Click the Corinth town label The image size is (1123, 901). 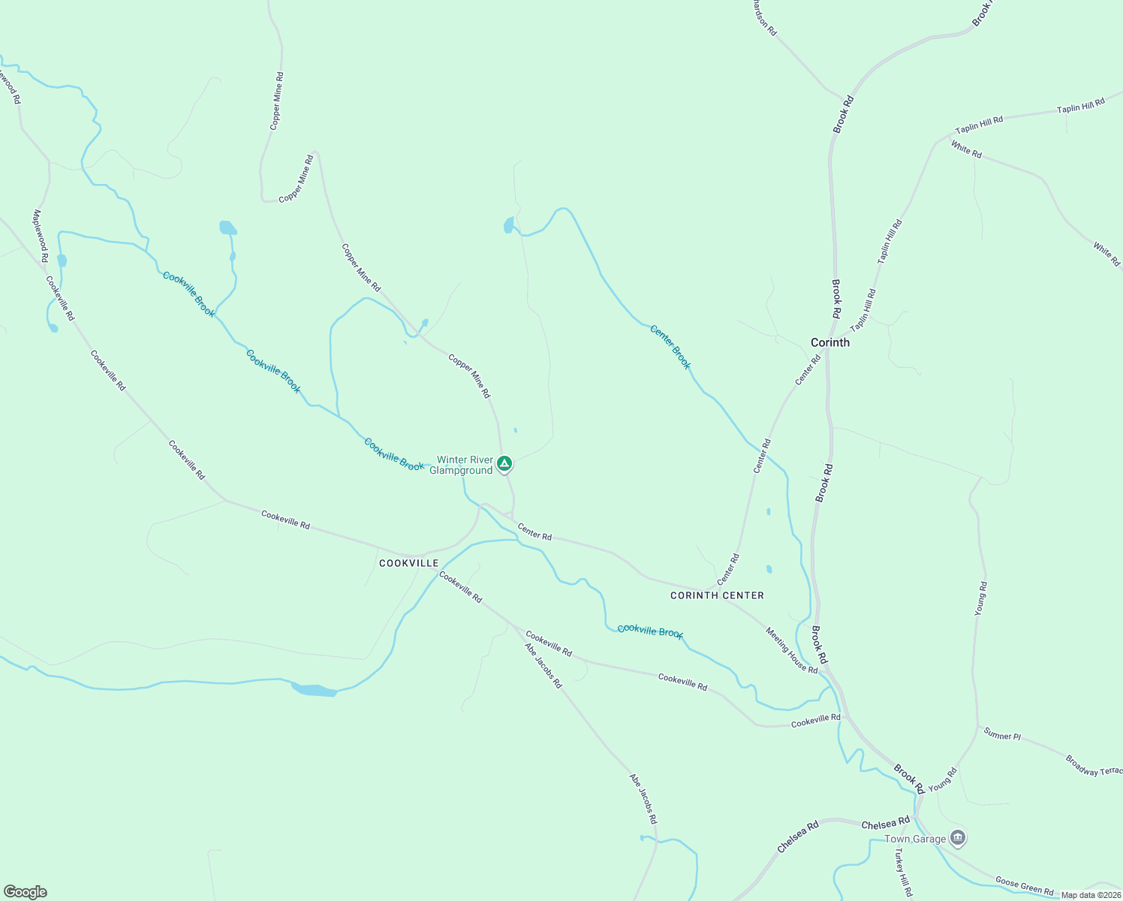coord(829,342)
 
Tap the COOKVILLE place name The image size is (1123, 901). coord(408,563)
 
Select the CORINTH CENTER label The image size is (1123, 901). coord(717,595)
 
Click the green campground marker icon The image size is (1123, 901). coord(505,464)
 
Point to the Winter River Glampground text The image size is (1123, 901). coord(465,466)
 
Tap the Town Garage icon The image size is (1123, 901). coord(957,836)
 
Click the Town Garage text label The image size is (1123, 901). coord(914,839)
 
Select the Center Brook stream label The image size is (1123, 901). coord(670,346)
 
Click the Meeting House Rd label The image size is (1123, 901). coord(791,650)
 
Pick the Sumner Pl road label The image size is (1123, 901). coord(1002,736)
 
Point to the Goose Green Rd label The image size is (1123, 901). coord(1024,885)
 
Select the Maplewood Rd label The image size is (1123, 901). coord(40,236)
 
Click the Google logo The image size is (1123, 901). coord(26,892)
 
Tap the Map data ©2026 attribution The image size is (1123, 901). coord(1090,895)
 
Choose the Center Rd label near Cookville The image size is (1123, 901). coord(534,532)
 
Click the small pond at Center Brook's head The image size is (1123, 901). coord(509,224)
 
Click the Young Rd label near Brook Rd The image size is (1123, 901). coord(942,780)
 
